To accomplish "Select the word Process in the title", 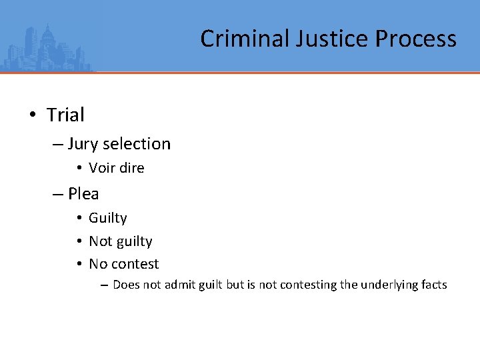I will pos(415,39).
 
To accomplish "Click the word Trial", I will pos(65,115).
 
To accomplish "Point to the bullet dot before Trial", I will pos(32,115).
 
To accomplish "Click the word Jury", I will pos(82,144).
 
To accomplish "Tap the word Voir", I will pos(102,168).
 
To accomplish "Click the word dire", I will pos(132,168).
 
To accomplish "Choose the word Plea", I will pos(83,194).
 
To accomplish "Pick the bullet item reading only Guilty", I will pos(108,218).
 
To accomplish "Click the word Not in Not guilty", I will pos(100,241).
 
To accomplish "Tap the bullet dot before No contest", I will pos(79,264).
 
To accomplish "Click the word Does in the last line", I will pos(125,285).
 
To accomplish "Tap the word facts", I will pos(434,285).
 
